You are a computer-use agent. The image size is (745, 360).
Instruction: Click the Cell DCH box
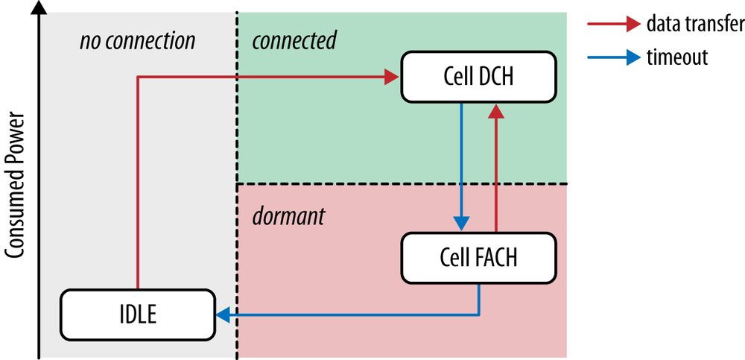point(478,77)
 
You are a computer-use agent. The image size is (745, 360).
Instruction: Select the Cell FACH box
point(478,258)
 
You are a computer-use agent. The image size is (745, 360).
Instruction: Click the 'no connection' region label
point(137,40)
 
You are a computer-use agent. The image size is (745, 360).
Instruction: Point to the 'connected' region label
point(294,40)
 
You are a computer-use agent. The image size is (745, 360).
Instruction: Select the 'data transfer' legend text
point(694,25)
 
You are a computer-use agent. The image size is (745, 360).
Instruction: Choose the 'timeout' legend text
point(677,57)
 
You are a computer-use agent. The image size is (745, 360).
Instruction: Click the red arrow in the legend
point(613,25)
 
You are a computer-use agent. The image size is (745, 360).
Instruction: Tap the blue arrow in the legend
point(613,57)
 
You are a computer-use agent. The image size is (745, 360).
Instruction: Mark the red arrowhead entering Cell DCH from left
point(393,76)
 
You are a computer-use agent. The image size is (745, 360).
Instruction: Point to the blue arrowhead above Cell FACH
point(462,224)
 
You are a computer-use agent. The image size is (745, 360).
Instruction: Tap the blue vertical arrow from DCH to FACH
point(462,164)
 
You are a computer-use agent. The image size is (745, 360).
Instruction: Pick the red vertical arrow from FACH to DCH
point(495,171)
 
